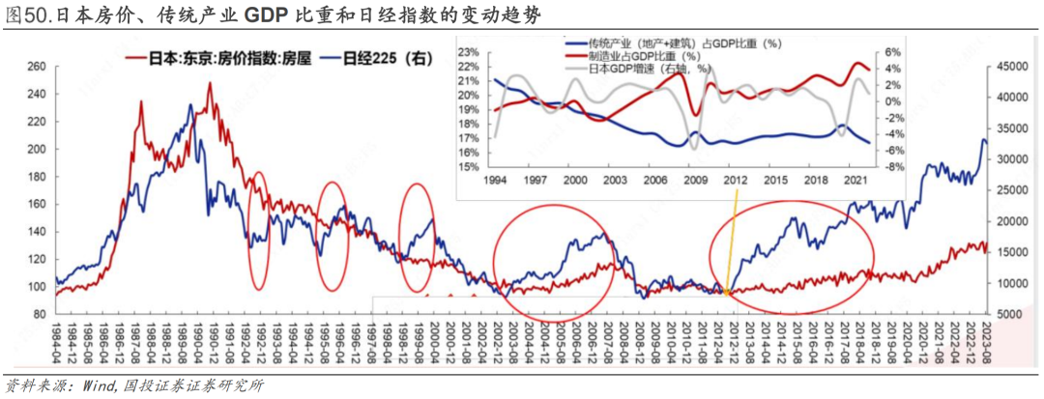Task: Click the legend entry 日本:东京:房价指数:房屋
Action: (220, 59)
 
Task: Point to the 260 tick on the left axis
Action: (37, 67)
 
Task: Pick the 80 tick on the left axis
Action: (40, 315)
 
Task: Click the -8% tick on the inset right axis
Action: (894, 166)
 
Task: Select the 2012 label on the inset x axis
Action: (737, 181)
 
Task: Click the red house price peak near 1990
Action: (210, 85)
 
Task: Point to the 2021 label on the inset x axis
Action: (855, 181)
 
